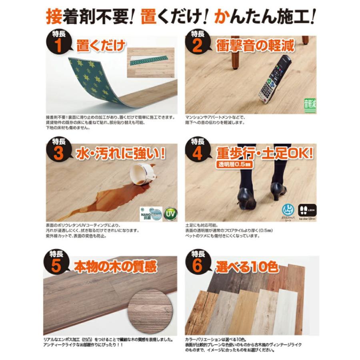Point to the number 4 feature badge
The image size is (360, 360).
[x=197, y=152]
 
